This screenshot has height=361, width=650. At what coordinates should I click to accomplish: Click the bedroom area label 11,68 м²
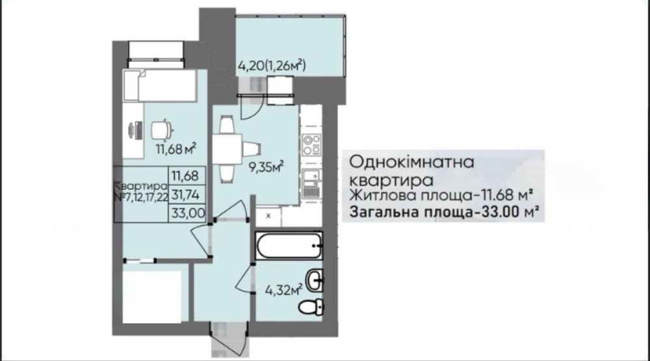(175, 148)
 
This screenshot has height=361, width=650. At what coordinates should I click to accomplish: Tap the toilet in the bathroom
(311, 306)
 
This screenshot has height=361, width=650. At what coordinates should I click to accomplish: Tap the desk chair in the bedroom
(161, 130)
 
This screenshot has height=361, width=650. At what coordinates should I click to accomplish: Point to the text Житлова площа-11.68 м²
(442, 194)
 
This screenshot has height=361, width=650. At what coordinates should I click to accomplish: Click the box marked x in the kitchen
(268, 213)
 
